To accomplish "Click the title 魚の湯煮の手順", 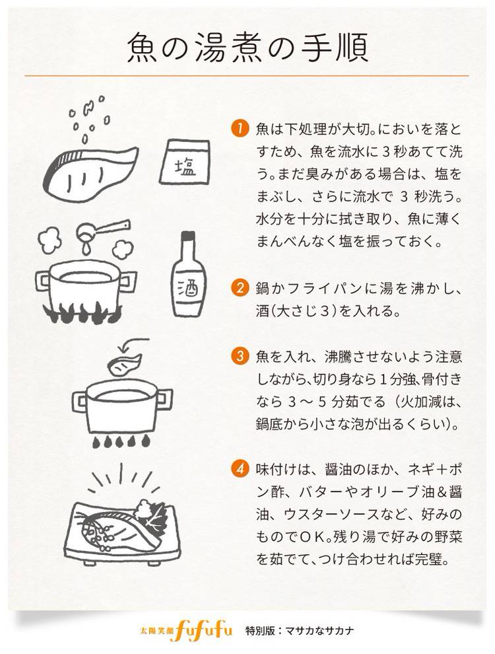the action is [247, 48].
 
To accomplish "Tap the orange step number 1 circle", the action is [240, 128].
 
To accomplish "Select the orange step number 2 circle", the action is [240, 288].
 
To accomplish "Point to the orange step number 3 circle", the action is [240, 356].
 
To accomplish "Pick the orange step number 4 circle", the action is [240, 469].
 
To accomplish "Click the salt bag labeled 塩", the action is [184, 162].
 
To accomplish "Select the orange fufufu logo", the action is [204, 630].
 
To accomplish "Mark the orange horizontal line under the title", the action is [247, 76].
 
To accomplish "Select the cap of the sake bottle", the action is [188, 238].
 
